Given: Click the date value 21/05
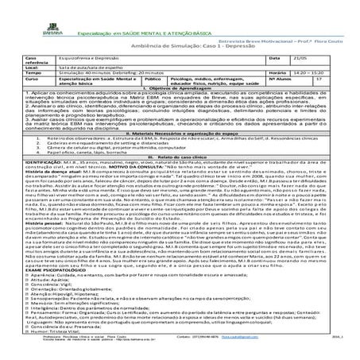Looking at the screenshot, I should tap(298, 58).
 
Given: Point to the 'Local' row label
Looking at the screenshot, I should tap(34, 68).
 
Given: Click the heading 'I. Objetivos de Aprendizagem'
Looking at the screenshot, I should tap(180, 93).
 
